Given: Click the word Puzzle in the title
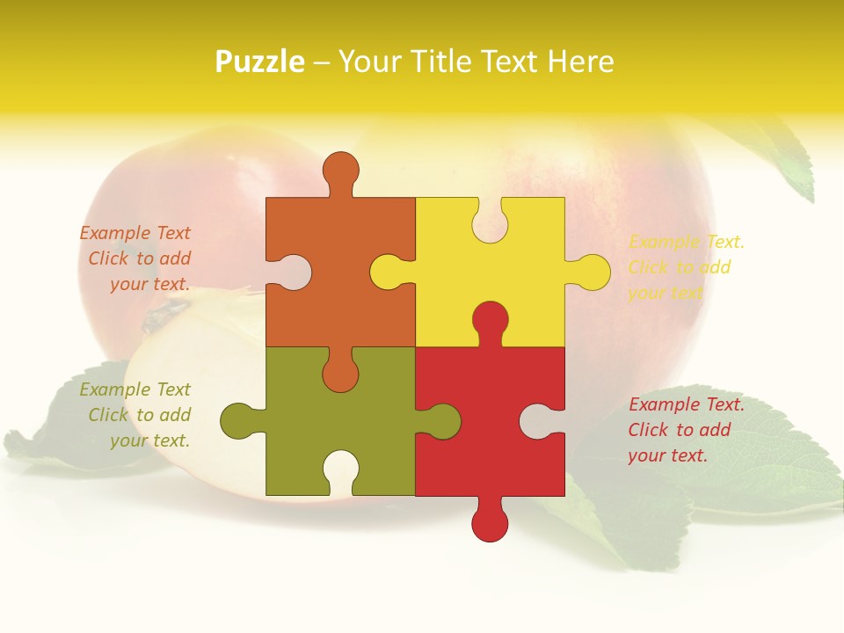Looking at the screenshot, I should (259, 62).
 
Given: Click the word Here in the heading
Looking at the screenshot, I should (580, 62).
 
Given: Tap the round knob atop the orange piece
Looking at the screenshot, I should (340, 169).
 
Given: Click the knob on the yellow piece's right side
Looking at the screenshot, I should (591, 272).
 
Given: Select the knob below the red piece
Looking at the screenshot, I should (490, 522).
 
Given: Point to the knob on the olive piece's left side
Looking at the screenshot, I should (238, 420).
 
